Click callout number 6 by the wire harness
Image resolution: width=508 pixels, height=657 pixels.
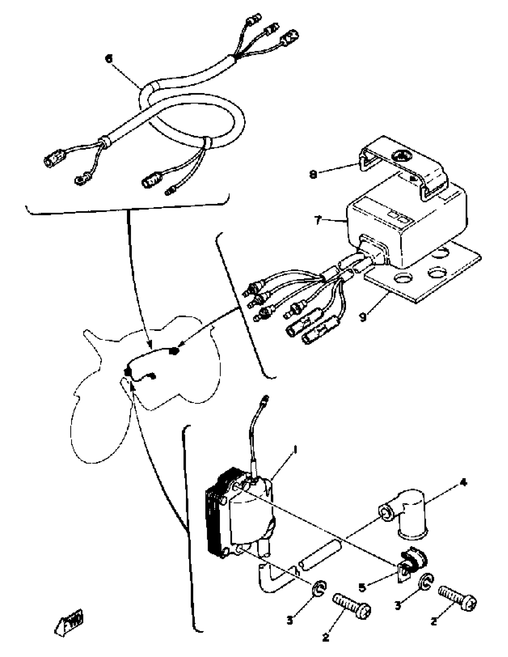pyautogui.click(x=108, y=58)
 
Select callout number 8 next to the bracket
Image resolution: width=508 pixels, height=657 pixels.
pyautogui.click(x=313, y=174)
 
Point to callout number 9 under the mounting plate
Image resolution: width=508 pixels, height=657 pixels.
pyautogui.click(x=364, y=317)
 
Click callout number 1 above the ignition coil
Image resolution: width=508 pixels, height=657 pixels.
pyautogui.click(x=295, y=450)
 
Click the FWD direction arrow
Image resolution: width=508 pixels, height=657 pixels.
pyautogui.click(x=69, y=622)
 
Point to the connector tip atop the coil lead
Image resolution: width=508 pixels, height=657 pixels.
pyautogui.click(x=265, y=400)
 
